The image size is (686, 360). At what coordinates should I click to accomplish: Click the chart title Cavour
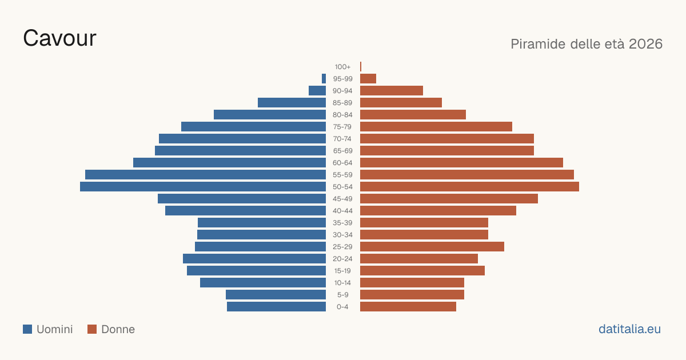59,38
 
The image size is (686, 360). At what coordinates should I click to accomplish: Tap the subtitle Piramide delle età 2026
587,44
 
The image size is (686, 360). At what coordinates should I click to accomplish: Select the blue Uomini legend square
27,329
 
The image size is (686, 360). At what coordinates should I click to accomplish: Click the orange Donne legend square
92,329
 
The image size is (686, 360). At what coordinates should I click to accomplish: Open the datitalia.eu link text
629,329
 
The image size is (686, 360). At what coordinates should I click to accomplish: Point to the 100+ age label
342,67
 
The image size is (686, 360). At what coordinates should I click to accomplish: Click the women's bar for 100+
361,67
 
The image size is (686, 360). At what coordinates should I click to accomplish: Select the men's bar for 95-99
324,79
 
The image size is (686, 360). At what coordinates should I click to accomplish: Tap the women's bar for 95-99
368,79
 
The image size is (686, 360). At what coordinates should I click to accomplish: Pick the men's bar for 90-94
317,91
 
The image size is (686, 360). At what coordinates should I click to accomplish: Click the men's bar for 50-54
203,187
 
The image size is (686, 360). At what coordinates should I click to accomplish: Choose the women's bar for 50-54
469,187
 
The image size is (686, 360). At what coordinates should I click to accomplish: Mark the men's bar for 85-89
292,102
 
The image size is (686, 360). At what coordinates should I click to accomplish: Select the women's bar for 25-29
432,247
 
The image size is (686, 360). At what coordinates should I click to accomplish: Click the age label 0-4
342,307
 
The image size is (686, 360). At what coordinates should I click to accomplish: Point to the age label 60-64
342,163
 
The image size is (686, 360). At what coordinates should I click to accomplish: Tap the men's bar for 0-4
277,307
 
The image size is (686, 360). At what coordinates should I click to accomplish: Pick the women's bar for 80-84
413,115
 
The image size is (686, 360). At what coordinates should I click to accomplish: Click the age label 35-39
342,223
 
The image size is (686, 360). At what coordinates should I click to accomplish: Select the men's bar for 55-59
205,175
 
